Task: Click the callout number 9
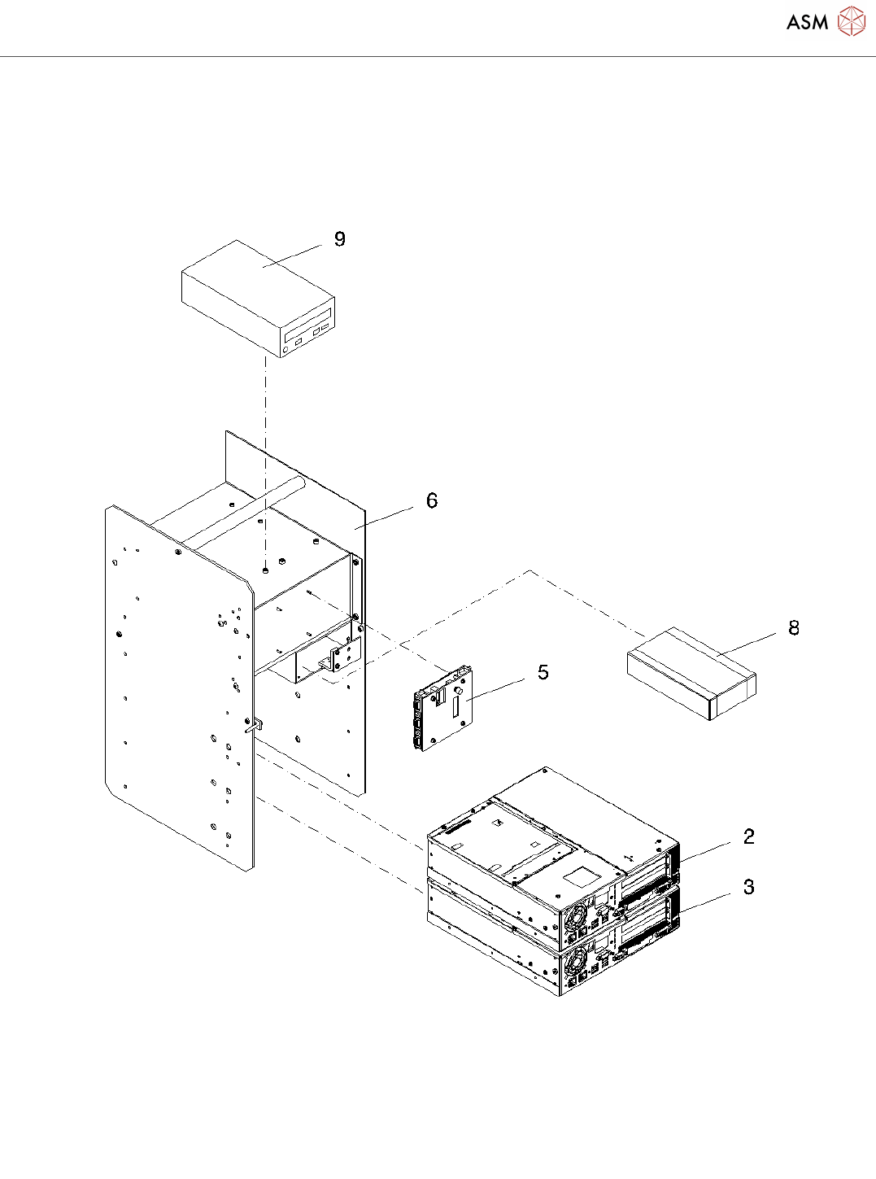(x=340, y=239)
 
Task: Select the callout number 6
(x=432, y=501)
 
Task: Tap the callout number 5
(x=543, y=673)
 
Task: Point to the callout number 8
(x=794, y=628)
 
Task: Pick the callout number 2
(x=749, y=836)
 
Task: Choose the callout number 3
(x=749, y=888)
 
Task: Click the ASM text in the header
(x=807, y=23)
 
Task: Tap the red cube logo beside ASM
(x=852, y=22)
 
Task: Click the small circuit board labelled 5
(x=444, y=707)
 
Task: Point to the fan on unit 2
(x=576, y=917)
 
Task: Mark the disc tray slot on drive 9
(x=310, y=321)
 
